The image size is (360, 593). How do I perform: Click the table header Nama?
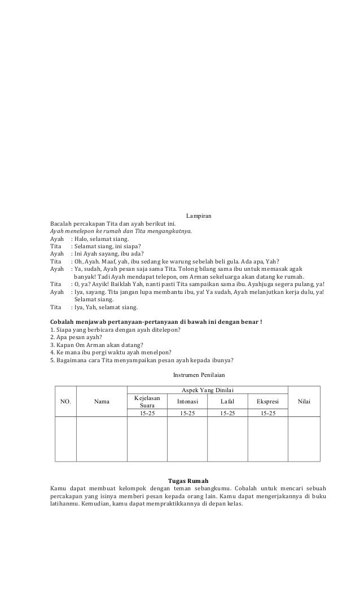[102, 402]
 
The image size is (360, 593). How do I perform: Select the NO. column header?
[65, 402]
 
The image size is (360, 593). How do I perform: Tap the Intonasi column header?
[187, 402]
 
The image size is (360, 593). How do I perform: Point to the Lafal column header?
[228, 402]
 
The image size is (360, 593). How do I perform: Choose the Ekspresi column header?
[268, 402]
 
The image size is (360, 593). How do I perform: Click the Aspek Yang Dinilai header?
[207, 390]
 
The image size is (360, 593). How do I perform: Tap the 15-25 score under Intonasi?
[187, 414]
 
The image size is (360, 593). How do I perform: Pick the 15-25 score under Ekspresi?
[268, 414]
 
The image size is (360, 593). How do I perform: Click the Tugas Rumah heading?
[180, 480]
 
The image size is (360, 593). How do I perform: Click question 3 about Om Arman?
[96, 345]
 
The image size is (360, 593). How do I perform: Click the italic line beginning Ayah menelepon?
[121, 231]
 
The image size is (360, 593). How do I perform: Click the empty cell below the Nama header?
[102, 440]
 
